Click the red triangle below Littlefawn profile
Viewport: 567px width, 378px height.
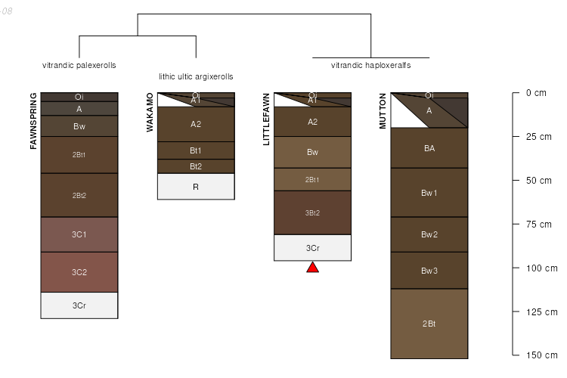tap(312, 268)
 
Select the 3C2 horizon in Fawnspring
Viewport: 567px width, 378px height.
tap(79, 272)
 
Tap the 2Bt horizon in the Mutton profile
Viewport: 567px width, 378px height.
tap(429, 324)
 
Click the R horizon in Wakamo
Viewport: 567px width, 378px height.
tap(196, 187)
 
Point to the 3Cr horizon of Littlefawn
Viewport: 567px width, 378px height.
tap(312, 248)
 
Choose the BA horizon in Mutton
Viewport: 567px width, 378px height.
tap(429, 148)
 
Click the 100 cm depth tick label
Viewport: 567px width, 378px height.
tap(541, 268)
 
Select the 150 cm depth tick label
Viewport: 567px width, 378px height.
tap(541, 355)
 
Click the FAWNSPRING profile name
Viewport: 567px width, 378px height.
tap(33, 121)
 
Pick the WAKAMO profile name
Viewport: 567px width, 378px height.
tap(150, 113)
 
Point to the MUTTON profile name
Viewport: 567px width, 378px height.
tap(383, 111)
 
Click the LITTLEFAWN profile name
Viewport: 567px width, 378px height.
tap(266, 119)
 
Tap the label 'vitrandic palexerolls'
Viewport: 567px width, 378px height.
tap(79, 65)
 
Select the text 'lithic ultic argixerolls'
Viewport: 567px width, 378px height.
tap(196, 76)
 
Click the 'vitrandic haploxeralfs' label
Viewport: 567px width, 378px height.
tap(370, 65)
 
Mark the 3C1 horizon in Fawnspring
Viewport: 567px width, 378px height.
tap(79, 234)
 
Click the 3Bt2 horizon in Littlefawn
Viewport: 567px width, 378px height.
tap(312, 212)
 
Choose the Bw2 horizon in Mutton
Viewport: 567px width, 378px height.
tap(429, 234)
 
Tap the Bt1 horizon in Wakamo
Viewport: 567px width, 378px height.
tap(196, 150)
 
